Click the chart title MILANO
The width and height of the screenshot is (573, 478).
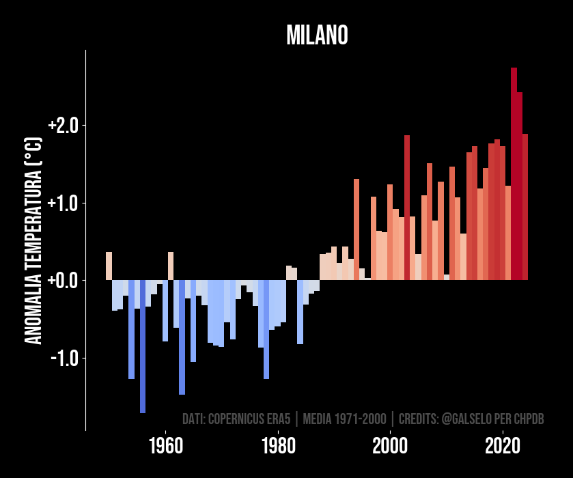(x=317, y=36)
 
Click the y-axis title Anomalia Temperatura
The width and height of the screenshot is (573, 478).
(x=33, y=240)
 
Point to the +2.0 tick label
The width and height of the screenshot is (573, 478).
(x=64, y=126)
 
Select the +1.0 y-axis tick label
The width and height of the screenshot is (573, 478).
(x=64, y=203)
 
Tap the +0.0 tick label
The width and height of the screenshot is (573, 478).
(x=64, y=281)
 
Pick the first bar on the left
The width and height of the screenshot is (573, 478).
(x=109, y=266)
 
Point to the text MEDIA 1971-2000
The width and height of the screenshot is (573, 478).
(x=344, y=419)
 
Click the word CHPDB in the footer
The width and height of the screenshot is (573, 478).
(x=530, y=419)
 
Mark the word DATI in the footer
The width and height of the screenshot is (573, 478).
(x=194, y=419)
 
